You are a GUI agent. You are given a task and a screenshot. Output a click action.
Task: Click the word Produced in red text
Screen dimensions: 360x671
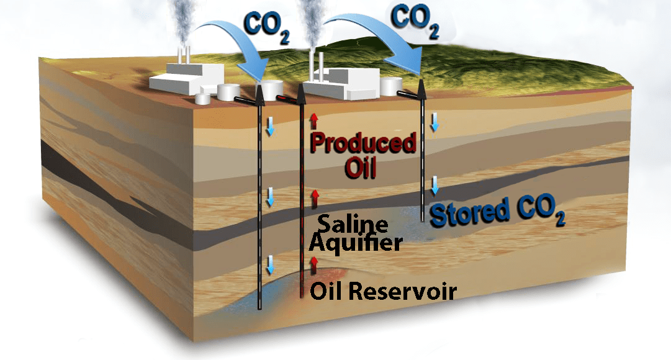pyautogui.click(x=363, y=143)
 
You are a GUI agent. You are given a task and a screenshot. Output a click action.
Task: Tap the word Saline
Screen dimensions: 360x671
pyautogui.click(x=353, y=224)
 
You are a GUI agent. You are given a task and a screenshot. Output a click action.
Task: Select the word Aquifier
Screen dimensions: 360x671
pyautogui.click(x=356, y=243)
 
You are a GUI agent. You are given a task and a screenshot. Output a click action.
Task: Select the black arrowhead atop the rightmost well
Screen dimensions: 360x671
pyautogui.click(x=423, y=88)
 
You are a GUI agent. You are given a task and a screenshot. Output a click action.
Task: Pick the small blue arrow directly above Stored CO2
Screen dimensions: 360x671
pyautogui.click(x=435, y=184)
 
